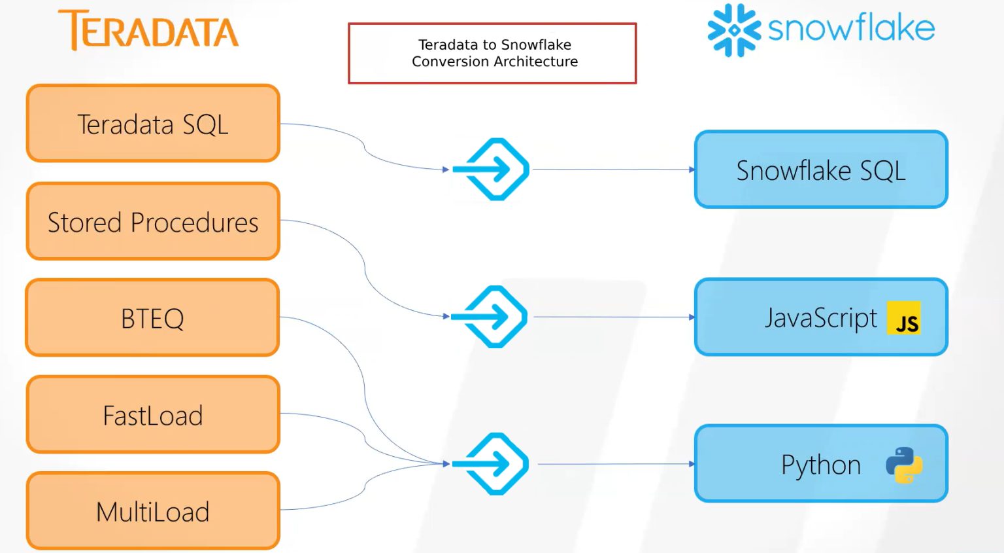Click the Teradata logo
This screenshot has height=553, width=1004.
(149, 31)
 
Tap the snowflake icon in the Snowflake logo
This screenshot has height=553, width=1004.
(734, 30)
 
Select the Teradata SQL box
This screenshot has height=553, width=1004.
(153, 124)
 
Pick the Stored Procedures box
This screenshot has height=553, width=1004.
(153, 222)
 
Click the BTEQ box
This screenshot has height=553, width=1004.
(152, 319)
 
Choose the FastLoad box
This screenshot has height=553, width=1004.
(153, 416)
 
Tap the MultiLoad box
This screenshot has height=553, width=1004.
(153, 512)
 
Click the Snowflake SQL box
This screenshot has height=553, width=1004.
(821, 170)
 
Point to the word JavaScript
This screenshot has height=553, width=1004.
(820, 318)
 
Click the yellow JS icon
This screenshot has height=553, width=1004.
(904, 318)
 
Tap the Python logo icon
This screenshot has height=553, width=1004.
(904, 465)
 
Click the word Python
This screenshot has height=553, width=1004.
(821, 465)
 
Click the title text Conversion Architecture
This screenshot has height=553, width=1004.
(495, 62)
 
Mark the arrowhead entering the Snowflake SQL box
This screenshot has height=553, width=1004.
(692, 169)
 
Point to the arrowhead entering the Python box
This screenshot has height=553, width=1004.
(692, 464)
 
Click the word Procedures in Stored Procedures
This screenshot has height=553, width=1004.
(195, 223)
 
